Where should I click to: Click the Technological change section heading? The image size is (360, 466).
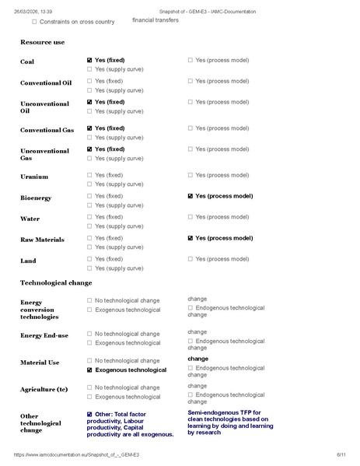(56, 282)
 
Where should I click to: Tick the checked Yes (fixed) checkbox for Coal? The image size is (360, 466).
(90, 60)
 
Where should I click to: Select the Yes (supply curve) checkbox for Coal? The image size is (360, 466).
(90, 69)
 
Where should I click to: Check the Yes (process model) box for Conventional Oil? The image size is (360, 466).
(190, 81)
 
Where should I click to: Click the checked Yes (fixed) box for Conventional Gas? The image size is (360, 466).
(90, 128)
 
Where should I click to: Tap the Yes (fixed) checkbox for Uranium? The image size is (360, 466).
(90, 175)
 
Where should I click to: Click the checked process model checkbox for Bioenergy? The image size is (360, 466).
(190, 196)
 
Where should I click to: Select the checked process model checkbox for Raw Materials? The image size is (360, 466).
(190, 238)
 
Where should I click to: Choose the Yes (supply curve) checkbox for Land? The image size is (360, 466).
(90, 268)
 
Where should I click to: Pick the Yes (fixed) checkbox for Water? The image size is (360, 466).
(90, 217)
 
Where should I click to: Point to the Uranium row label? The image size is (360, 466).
(34, 177)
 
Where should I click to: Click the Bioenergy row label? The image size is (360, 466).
(36, 198)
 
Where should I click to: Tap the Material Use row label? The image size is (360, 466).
(40, 363)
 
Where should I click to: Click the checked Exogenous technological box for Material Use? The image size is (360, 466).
(90, 370)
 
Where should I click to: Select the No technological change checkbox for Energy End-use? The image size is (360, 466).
(90, 334)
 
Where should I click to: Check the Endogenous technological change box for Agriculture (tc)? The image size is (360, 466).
(190, 395)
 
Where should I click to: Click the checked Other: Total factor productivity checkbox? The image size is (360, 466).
(90, 415)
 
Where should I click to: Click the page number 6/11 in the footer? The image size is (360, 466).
(341, 454)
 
